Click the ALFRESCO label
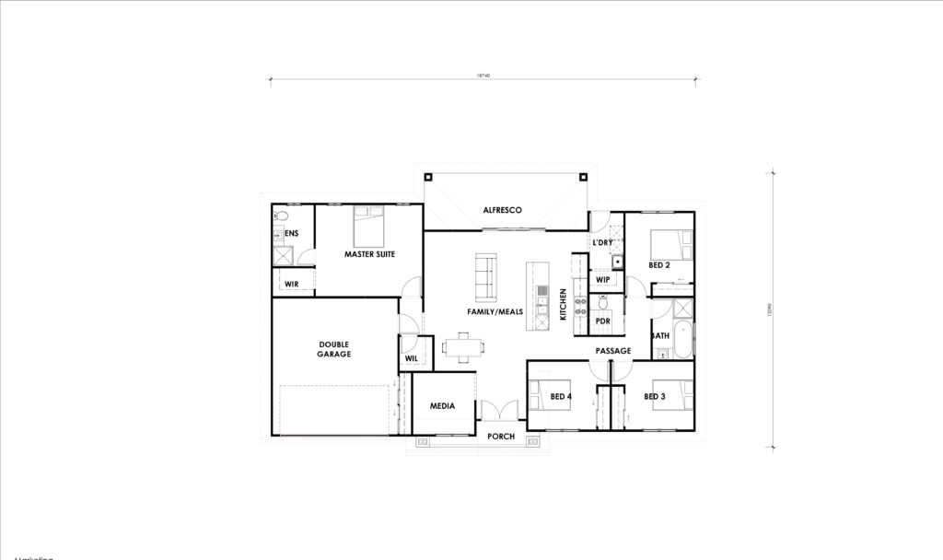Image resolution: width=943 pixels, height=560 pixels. (503, 211)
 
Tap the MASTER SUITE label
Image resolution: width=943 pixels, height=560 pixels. (370, 254)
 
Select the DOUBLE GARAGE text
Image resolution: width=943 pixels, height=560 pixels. (334, 348)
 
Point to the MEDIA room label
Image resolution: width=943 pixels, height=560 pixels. (444, 405)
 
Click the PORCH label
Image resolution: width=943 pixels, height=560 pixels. (501, 437)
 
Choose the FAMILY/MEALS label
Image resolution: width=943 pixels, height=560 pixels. (495, 312)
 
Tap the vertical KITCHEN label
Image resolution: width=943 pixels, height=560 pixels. (564, 305)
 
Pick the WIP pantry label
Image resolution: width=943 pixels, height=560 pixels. (603, 280)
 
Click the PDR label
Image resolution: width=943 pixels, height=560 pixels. (603, 321)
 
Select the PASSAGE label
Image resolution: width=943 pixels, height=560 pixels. (612, 351)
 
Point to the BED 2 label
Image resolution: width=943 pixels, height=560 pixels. (658, 265)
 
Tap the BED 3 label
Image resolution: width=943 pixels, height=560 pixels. (654, 397)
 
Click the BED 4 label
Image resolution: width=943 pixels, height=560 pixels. (561, 397)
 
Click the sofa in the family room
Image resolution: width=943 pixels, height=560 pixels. (485, 276)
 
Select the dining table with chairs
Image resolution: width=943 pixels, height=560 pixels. (462, 347)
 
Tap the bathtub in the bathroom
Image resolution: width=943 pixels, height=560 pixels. (682, 341)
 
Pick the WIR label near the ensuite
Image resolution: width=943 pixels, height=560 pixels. (291, 284)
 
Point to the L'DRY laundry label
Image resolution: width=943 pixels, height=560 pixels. (602, 243)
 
